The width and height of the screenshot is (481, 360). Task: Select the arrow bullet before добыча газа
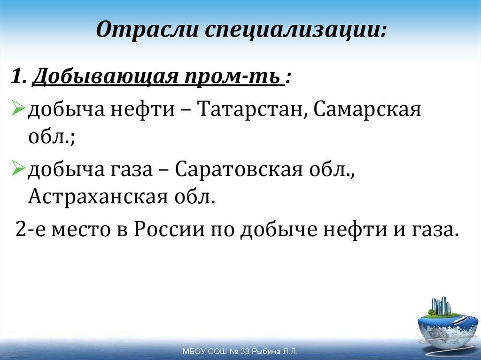[x=19, y=169]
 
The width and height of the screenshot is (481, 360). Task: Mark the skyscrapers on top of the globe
[x=441, y=306]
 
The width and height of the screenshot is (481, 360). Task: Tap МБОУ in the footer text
[x=192, y=352]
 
